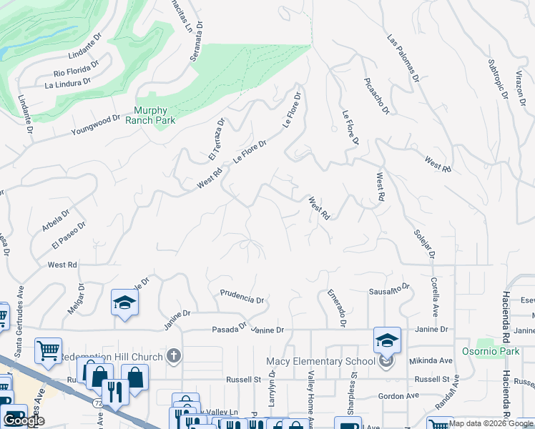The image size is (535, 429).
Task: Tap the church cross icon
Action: click(x=174, y=355)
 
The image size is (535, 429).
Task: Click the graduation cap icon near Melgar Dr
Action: click(x=124, y=302)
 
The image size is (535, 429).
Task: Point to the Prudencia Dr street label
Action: click(x=242, y=295)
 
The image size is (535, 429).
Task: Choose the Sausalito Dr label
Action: click(x=388, y=289)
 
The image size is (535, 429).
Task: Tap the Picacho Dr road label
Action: click(x=376, y=96)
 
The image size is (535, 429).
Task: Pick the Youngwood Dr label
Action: click(x=95, y=126)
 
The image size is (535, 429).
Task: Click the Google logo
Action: click(x=24, y=420)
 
